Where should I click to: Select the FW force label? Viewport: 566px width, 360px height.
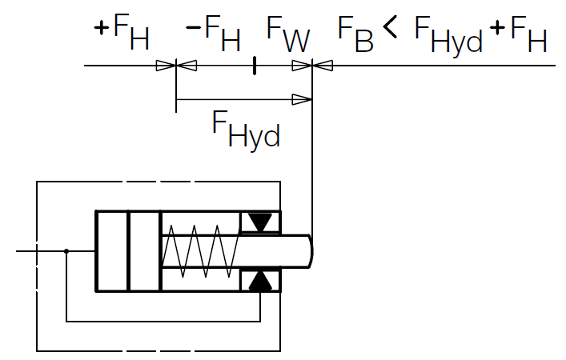(287, 34)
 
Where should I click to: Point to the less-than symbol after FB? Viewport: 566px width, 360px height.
(391, 29)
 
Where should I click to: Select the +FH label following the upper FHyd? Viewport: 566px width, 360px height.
(518, 34)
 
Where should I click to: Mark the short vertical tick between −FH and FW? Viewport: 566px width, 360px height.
(254, 66)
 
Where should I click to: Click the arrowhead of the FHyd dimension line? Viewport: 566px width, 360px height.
(302, 99)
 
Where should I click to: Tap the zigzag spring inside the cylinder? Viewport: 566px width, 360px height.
(200, 250)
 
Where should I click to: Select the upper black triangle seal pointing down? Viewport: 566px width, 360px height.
(260, 222)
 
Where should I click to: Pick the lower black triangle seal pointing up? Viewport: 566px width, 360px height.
(260, 280)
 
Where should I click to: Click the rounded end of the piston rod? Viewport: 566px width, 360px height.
(309, 250)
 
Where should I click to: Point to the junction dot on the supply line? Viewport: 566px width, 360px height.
(66, 251)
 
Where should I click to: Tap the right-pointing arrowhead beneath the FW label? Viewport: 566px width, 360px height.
(301, 66)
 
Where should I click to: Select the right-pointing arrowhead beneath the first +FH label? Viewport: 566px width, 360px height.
(166, 66)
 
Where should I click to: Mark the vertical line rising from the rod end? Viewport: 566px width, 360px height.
(311, 160)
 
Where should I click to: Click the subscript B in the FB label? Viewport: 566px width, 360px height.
(364, 41)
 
